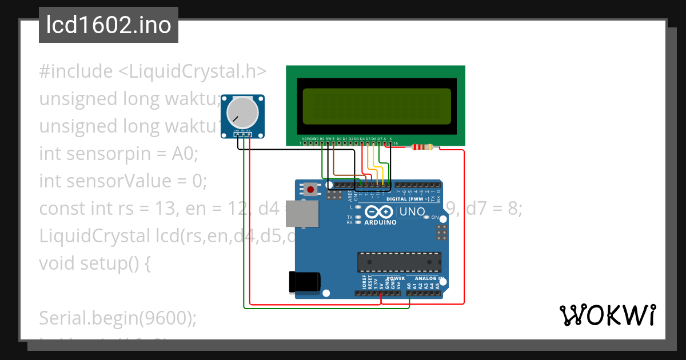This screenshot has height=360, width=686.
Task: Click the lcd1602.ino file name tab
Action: coord(109,26)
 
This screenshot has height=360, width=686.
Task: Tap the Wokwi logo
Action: coord(607,315)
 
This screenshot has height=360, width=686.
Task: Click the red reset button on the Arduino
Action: coord(310,189)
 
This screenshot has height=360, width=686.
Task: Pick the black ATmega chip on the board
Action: coord(399,262)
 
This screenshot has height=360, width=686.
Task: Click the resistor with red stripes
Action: coord(422,147)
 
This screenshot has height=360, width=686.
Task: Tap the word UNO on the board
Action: coord(412,211)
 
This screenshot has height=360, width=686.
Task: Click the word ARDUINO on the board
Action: coord(380,222)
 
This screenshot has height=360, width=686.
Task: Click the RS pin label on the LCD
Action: coord(322,139)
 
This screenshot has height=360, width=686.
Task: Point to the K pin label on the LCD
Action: coord(390,139)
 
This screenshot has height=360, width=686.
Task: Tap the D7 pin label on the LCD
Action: coord(380,139)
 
